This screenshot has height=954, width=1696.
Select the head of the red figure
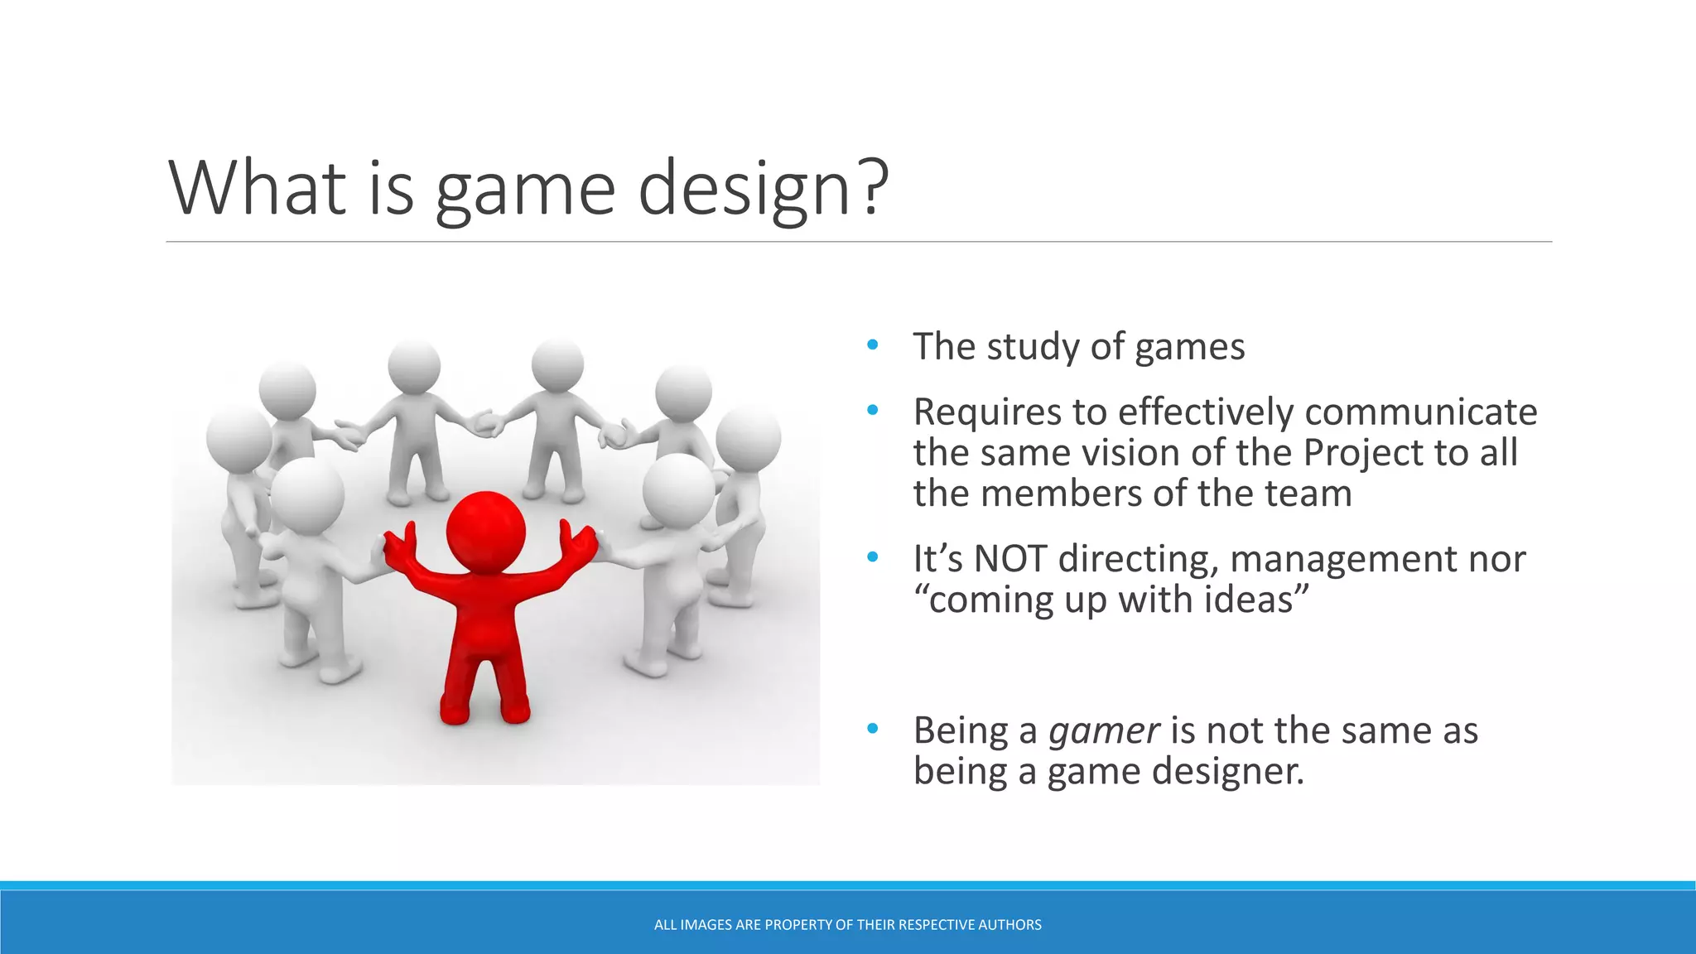(485, 531)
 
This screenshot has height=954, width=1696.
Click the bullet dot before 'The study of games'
(872, 345)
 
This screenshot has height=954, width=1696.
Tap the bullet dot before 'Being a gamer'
(872, 730)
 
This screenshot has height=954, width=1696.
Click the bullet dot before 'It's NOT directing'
(872, 558)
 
